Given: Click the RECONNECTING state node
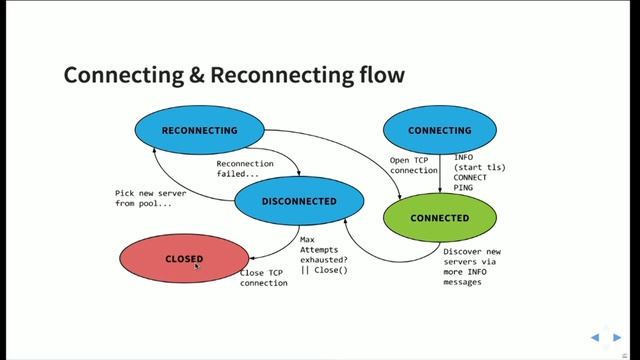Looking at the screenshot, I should coord(199,131).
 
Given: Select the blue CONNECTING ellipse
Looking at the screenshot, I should coord(439,131).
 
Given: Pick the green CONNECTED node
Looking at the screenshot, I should coord(439,218).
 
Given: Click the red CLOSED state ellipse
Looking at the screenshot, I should coord(183,259).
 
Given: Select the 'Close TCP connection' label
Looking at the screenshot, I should coord(264,278).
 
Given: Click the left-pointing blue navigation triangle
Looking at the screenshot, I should coord(594,337).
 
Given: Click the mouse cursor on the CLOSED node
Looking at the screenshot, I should coord(198,265).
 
